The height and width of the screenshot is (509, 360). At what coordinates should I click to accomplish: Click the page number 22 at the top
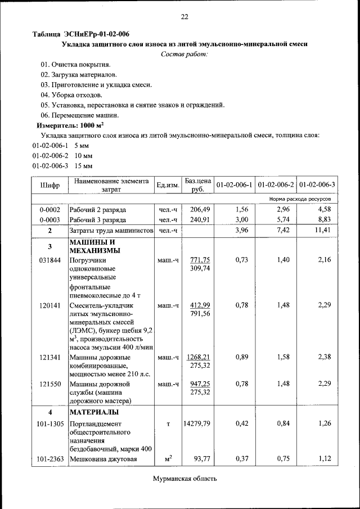(184, 17)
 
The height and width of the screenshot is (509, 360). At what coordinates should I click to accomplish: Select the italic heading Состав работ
(184, 54)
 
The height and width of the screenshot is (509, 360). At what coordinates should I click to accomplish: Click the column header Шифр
(49, 185)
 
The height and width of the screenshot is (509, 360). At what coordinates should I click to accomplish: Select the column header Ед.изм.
(168, 185)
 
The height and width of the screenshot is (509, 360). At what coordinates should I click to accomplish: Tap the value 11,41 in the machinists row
(323, 231)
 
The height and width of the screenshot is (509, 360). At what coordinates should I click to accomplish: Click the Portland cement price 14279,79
(197, 424)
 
